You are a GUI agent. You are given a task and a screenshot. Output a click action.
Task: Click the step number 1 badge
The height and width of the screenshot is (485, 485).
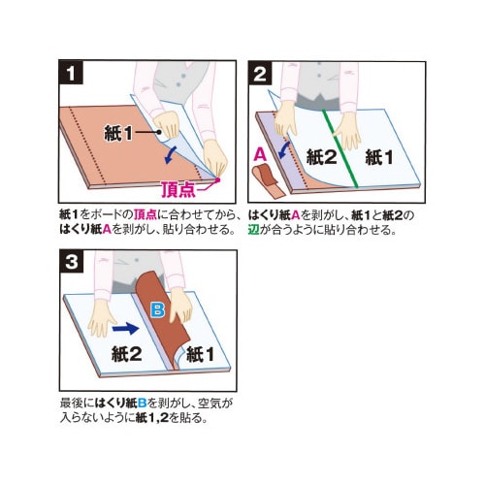(71, 73)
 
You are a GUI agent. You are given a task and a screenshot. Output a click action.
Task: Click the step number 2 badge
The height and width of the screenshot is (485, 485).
(260, 74)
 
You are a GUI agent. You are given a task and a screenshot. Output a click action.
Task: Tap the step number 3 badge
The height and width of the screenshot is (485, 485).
(72, 262)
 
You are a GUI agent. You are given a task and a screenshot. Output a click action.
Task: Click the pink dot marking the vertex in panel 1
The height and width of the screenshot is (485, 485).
(217, 179)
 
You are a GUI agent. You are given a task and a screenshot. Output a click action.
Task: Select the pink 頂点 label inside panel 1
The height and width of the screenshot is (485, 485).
(178, 190)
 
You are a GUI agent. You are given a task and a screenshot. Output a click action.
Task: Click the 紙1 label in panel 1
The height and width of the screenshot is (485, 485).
(118, 133)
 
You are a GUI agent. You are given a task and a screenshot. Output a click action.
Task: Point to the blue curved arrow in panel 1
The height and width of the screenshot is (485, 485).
(171, 154)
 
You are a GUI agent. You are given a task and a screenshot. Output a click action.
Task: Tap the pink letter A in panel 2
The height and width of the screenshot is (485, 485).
(260, 154)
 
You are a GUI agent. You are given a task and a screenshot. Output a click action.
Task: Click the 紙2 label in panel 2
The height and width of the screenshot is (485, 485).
(321, 158)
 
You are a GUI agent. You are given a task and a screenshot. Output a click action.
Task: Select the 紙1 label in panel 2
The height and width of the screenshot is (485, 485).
(379, 158)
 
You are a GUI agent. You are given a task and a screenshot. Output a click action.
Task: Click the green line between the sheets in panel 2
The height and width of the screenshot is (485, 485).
(339, 148)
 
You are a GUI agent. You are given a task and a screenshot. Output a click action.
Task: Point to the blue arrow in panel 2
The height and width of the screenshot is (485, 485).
(284, 149)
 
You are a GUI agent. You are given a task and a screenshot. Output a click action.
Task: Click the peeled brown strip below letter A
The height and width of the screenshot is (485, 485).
(268, 181)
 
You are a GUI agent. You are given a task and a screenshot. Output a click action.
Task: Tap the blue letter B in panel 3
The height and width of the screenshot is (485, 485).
(158, 310)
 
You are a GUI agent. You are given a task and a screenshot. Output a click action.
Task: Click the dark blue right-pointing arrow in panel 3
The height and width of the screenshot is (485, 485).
(126, 329)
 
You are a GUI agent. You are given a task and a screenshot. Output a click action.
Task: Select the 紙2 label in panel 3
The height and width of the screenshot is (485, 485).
(127, 354)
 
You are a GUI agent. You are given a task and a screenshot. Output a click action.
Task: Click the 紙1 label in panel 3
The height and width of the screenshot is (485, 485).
(200, 354)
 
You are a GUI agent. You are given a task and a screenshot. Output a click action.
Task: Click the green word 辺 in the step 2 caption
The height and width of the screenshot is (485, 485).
(254, 230)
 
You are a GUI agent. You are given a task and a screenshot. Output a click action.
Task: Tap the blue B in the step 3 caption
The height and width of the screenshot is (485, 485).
(142, 404)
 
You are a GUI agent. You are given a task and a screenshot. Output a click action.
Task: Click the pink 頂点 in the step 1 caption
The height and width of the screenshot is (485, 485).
(145, 214)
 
